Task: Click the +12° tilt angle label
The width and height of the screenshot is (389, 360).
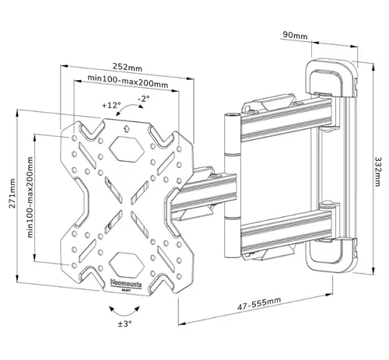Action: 110,105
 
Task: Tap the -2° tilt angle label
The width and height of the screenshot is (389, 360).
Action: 143,100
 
